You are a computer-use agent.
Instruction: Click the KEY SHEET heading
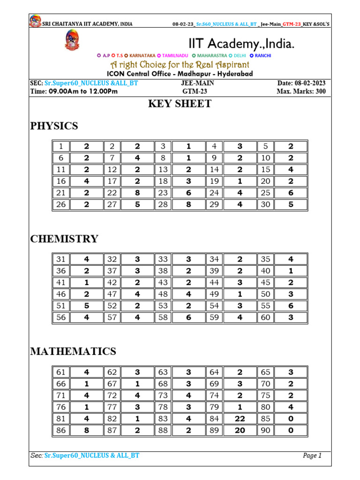[x=180, y=104]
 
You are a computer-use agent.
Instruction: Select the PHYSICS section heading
[x=54, y=126]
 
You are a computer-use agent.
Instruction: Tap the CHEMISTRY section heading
[x=64, y=239]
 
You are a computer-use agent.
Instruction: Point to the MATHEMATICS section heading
[x=73, y=352]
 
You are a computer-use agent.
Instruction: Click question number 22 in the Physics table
[x=112, y=192]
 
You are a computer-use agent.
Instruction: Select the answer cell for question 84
[x=240, y=419]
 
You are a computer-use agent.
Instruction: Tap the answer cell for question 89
[x=240, y=430]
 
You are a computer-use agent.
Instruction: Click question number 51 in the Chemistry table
[x=61, y=305]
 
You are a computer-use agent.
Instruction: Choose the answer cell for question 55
[x=291, y=305]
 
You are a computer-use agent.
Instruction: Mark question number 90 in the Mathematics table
[x=266, y=430]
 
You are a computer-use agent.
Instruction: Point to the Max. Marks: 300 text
[x=301, y=91]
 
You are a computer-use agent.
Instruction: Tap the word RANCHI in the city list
[x=263, y=56]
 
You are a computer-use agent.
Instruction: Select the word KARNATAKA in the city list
[x=142, y=56]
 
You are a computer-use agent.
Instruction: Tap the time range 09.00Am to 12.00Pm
[x=83, y=91]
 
